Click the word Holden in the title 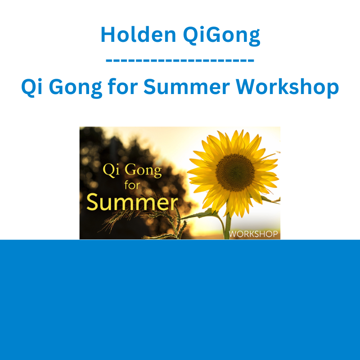pos(139,35)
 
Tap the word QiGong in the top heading pos(221,36)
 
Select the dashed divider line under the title pos(180,60)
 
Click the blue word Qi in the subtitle pos(31,87)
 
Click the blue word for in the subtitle pos(122,86)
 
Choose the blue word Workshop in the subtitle pos(287,87)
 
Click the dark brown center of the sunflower pos(235,172)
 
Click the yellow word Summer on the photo pos(132,202)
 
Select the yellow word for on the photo pos(132,185)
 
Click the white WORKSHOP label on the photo pos(253,234)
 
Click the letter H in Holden pos(108,35)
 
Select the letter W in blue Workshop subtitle pos(247,87)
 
